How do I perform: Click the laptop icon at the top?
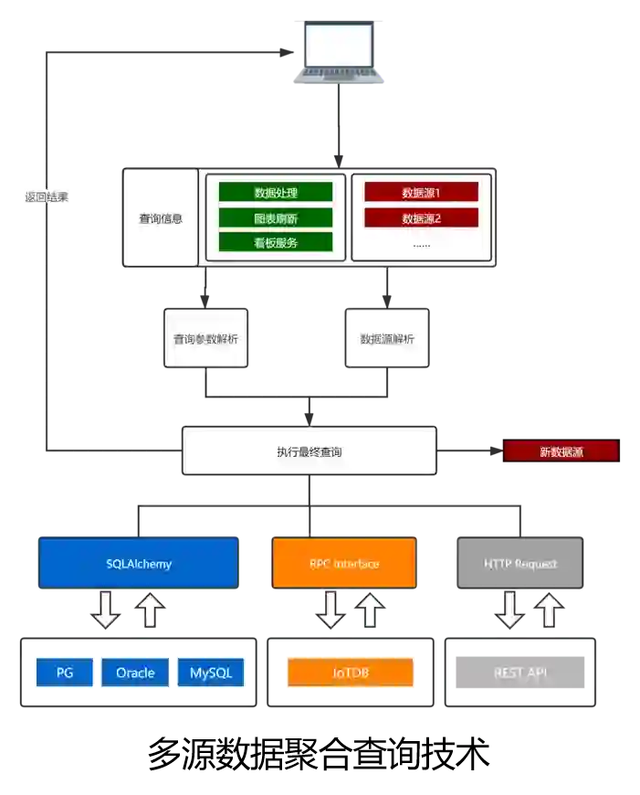click(339, 52)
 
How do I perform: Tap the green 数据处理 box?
click(276, 193)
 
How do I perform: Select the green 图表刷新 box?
click(276, 217)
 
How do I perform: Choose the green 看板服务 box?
click(276, 242)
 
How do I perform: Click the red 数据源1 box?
click(421, 193)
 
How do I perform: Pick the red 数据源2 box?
click(421, 217)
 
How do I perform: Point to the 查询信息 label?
click(161, 218)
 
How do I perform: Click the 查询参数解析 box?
click(205, 338)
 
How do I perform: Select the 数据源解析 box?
click(387, 338)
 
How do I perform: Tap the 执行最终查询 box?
click(310, 451)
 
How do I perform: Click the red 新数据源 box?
click(561, 451)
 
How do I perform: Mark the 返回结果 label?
click(47, 196)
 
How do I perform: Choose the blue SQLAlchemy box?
click(139, 563)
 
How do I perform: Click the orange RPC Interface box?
click(343, 563)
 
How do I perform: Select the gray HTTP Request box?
click(519, 563)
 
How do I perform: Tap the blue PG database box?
click(65, 673)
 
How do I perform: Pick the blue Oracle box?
click(135, 673)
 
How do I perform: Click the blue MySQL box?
click(211, 673)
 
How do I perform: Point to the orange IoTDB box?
click(351, 673)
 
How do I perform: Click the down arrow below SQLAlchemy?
click(106, 609)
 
